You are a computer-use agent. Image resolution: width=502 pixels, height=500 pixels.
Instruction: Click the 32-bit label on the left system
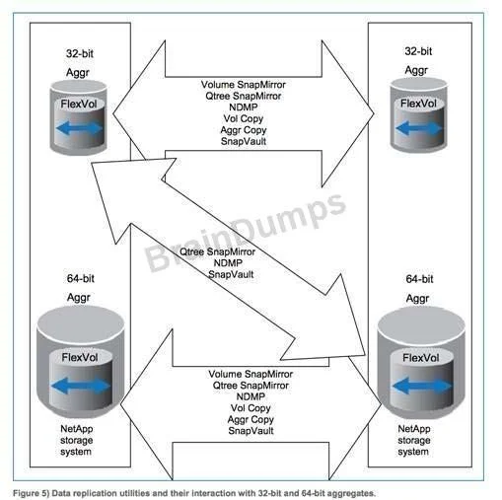80,53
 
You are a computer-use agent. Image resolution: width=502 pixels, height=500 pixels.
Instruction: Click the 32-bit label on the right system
418,51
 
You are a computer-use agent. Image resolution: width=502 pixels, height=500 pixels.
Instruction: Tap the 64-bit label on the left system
81,279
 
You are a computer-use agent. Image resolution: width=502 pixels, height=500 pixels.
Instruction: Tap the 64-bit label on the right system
419,279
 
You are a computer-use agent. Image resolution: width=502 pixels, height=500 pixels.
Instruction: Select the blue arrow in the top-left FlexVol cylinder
79,128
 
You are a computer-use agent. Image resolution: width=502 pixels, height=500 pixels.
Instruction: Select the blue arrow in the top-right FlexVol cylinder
418,128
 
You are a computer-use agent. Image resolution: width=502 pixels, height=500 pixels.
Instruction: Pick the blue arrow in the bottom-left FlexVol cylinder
81,386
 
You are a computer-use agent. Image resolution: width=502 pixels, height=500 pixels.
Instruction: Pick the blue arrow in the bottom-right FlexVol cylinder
422,386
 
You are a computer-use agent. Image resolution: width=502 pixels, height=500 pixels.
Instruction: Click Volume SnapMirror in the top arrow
244,85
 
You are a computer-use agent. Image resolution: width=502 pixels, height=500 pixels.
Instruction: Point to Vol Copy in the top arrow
244,118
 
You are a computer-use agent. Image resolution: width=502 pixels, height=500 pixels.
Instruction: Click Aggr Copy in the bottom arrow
251,419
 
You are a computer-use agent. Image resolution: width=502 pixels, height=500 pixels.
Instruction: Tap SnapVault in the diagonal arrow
231,274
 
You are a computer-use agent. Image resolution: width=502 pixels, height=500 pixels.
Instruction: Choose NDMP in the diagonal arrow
228,263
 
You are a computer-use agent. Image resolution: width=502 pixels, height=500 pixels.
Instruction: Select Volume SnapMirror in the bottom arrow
251,374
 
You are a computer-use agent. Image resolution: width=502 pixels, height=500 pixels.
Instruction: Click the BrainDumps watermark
245,232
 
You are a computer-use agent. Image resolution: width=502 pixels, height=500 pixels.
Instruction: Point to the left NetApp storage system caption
77,440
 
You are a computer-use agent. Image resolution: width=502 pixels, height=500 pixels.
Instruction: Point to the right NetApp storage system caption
414,440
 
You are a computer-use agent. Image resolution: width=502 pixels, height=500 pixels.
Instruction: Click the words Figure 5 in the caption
31,493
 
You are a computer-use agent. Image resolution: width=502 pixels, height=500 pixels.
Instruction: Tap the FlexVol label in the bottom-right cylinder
421,358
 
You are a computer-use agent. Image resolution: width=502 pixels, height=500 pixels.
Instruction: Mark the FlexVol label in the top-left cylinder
79,105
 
